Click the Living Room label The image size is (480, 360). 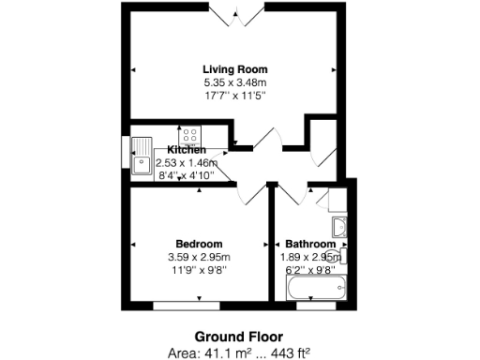click(235, 69)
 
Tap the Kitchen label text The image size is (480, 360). click(187, 150)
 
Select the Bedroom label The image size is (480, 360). click(198, 244)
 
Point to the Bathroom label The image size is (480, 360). click(309, 244)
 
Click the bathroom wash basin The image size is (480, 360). click(339, 226)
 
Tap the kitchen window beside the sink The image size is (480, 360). click(125, 155)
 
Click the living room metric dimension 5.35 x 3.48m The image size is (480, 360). click(235, 82)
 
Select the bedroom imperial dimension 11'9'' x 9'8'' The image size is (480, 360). click(198, 268)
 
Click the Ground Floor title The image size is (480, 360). click(238, 336)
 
